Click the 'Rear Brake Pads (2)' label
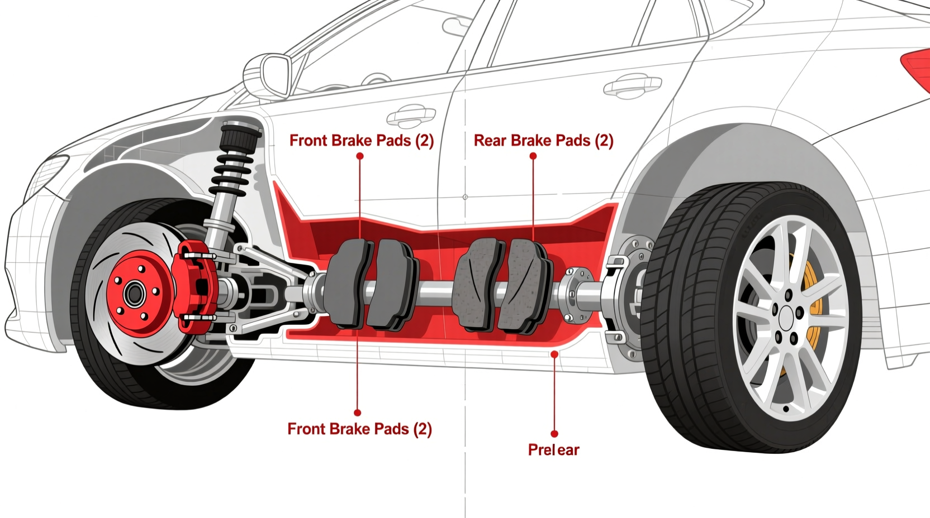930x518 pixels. (x=543, y=141)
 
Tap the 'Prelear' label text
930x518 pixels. (x=553, y=450)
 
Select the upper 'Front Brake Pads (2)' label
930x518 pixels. (x=361, y=141)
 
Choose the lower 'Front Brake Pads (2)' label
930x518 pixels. (x=359, y=429)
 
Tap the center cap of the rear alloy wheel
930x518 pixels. (x=786, y=319)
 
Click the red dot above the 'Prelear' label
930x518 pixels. (x=554, y=354)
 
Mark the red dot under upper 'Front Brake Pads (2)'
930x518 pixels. (x=360, y=156)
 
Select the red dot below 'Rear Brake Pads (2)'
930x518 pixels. (x=533, y=156)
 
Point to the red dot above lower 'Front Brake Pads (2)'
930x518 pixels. (x=357, y=413)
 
